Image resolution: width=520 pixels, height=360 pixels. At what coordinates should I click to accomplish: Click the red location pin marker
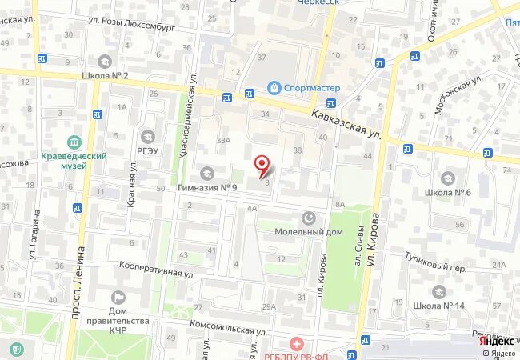click(x=262, y=166)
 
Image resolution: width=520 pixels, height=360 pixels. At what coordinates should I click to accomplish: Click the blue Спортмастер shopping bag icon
click(x=274, y=87)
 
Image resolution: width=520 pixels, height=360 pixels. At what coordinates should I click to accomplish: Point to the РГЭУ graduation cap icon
click(x=147, y=136)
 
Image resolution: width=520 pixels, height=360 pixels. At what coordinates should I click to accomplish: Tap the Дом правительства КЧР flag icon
click(x=118, y=298)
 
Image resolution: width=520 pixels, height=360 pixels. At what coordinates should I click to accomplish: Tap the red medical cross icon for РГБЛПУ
click(x=297, y=344)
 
